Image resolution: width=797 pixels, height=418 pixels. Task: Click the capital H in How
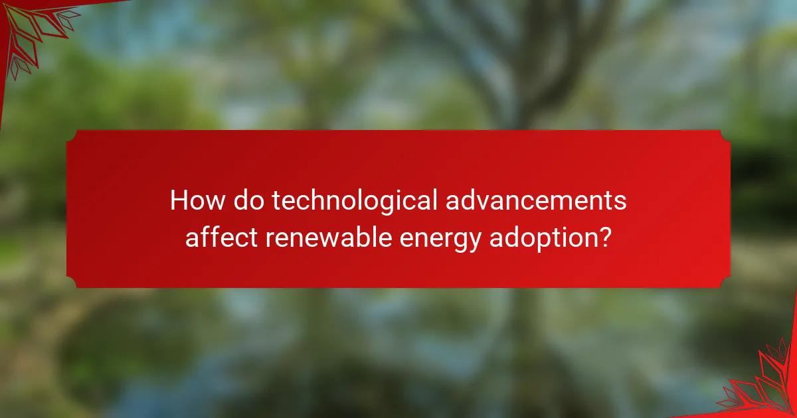click(179, 200)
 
